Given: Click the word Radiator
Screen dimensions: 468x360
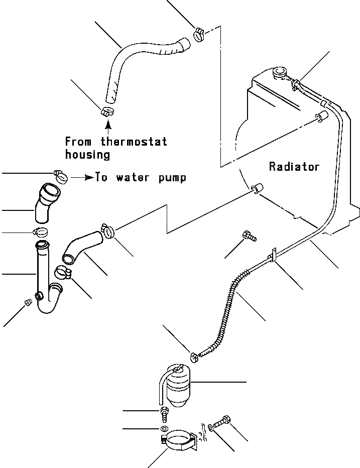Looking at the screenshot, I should point(294,166).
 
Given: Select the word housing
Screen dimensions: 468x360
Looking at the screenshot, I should point(87,155).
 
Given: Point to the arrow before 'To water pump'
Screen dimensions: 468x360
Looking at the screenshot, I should point(82,177).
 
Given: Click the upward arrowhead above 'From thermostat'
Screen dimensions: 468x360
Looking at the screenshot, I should point(108,122).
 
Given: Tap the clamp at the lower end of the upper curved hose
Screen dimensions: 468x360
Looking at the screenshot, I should point(107,111).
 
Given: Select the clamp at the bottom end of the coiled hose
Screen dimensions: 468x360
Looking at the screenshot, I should point(195,357).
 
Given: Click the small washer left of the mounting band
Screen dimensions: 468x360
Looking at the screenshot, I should point(164,429).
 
